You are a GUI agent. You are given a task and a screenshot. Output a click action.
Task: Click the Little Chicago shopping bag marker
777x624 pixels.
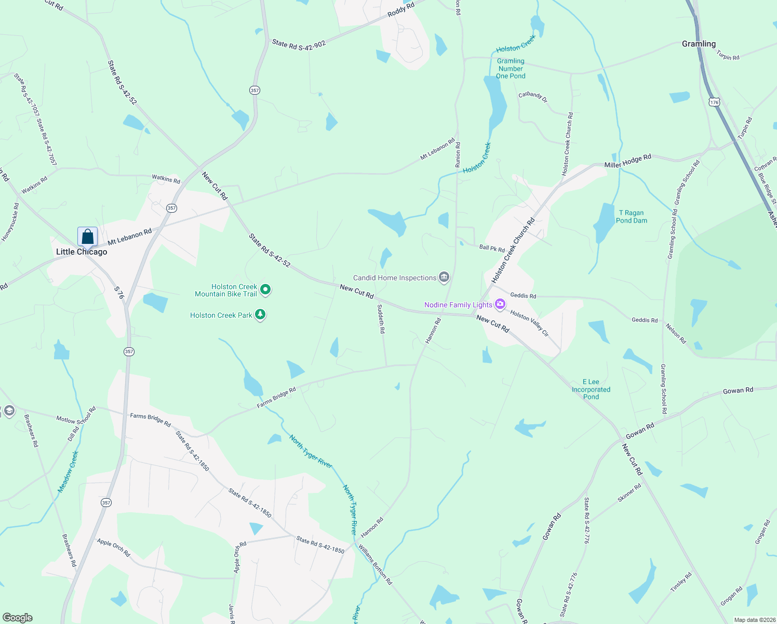[88, 237]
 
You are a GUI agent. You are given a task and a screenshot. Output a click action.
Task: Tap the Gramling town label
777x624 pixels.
[699, 44]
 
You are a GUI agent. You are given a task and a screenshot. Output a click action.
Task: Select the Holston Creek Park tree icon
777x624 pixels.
[260, 315]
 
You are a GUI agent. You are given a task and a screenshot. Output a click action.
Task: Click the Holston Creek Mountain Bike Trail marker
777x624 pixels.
[265, 290]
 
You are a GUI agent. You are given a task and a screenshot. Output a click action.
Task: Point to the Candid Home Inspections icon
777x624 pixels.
[444, 277]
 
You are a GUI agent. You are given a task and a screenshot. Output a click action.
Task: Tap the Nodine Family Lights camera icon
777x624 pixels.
[500, 305]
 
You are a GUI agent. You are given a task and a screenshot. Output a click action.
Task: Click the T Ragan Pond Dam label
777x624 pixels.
[631, 217]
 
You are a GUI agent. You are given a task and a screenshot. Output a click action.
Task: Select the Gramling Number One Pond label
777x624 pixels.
[511, 69]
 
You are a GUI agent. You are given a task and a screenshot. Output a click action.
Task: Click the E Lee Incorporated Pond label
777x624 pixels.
[591, 389]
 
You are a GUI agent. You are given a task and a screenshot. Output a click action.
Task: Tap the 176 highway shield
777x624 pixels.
[715, 102]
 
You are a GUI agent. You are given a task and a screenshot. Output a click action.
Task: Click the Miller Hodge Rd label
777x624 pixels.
[627, 161]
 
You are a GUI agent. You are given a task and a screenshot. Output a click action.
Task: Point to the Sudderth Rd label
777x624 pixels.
[381, 319]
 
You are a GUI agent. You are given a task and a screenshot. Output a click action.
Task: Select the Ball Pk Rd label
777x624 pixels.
[492, 248]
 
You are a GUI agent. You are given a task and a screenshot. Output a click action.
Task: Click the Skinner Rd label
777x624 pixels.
[629, 492]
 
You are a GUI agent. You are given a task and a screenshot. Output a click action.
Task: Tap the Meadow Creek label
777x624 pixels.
[68, 472]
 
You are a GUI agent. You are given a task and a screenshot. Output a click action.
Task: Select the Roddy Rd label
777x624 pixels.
[401, 10]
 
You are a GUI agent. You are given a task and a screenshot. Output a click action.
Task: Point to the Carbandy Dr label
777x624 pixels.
[533, 97]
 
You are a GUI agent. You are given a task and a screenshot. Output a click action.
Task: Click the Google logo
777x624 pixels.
[18, 618]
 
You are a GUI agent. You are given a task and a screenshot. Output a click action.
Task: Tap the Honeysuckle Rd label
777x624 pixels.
[10, 222]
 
